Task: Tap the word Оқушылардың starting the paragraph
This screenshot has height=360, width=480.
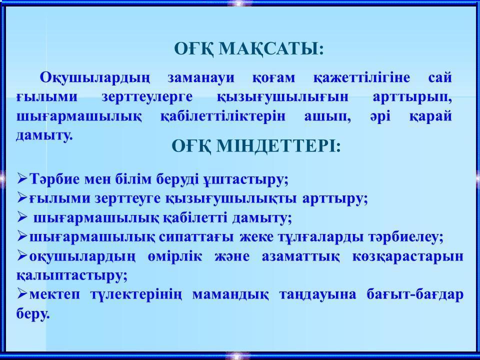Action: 95,78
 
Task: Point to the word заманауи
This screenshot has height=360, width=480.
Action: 201,78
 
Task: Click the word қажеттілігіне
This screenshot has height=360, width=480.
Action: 361,78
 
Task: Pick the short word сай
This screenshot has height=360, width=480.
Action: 440,78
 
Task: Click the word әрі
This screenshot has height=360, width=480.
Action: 380,117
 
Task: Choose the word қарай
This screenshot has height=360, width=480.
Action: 430,117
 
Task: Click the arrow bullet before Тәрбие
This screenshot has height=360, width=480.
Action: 22,178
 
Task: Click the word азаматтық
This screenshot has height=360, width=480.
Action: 300,257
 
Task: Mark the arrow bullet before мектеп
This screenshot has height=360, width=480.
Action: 22,293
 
